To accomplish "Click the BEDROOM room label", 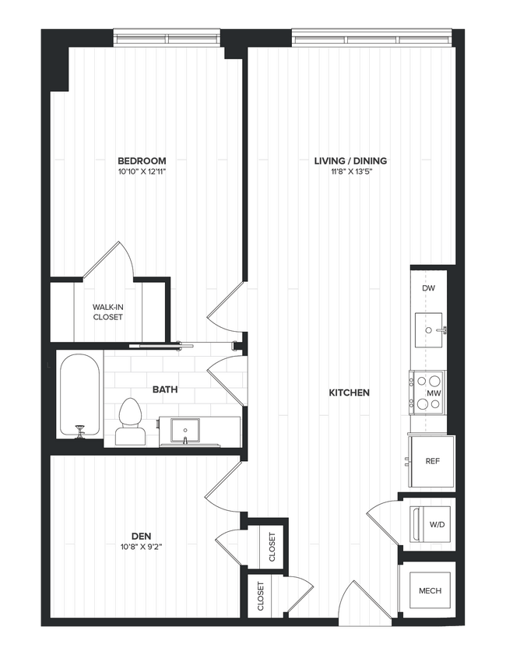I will (142, 160).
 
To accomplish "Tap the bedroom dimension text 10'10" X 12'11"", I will (142, 172).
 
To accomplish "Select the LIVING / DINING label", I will (350, 161).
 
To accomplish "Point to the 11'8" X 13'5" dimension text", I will (350, 172).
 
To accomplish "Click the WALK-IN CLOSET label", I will (108, 312).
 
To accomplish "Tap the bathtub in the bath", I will (80, 394).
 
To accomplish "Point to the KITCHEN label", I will (349, 393).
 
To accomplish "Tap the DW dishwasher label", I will (427, 289).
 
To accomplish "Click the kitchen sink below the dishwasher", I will (428, 329).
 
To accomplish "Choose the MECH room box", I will (429, 590).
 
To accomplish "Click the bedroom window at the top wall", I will (169, 38).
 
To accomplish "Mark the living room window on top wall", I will (371, 38).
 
